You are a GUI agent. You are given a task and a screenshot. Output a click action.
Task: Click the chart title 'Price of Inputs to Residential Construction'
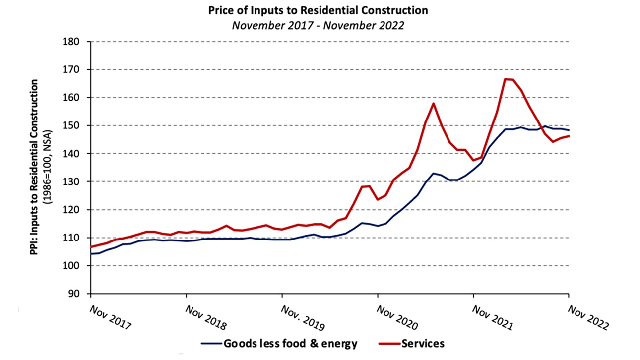pyautogui.click(x=318, y=10)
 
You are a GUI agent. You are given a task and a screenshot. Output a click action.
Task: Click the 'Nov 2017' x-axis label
pyautogui.click(x=111, y=317)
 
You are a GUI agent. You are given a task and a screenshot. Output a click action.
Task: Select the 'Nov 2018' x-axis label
pyautogui.click(x=205, y=318)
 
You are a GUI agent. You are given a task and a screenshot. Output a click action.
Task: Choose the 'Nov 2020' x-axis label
pyautogui.click(x=397, y=318)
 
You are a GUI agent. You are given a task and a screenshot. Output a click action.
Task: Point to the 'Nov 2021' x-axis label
pyautogui.click(x=493, y=318)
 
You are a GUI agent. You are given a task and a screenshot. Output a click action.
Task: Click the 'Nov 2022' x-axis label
pyautogui.click(x=588, y=318)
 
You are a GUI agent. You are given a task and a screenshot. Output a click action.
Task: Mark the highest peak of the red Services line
pyautogui.click(x=506, y=79)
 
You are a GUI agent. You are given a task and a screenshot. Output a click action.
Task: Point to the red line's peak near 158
pyautogui.click(x=434, y=103)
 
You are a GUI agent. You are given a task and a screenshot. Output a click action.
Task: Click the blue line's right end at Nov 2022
pyautogui.click(x=569, y=130)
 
